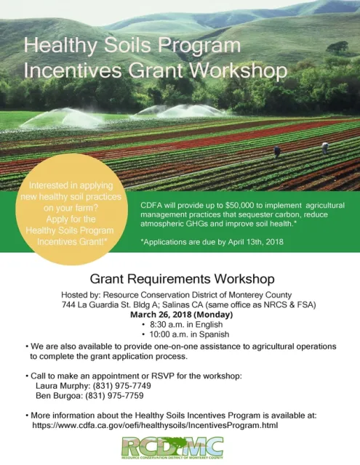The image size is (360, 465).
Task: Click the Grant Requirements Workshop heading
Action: click(x=181, y=278)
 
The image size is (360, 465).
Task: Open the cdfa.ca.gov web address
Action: click(x=167, y=426)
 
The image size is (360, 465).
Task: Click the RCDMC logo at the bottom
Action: click(x=180, y=448)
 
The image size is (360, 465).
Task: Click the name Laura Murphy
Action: click(x=60, y=386)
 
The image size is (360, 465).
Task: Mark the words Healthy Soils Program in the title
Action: click(x=132, y=46)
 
